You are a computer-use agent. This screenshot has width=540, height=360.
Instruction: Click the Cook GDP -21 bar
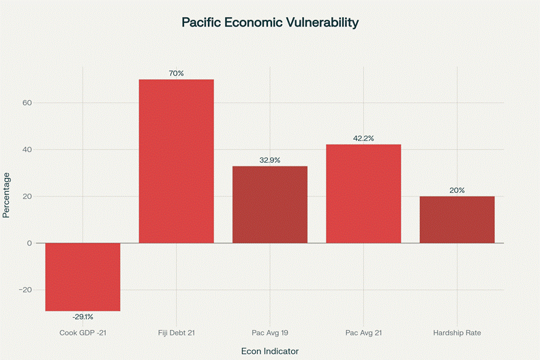click(x=82, y=277)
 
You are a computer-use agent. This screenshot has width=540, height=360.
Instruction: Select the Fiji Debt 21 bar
click(x=176, y=161)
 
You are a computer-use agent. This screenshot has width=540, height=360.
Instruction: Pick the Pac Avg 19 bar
click(x=270, y=205)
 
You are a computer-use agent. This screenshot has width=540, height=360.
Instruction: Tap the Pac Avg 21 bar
click(x=363, y=194)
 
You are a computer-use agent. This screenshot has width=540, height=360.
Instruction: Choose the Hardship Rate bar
click(x=457, y=220)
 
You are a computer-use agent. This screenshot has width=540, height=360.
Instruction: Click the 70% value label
click(x=176, y=73)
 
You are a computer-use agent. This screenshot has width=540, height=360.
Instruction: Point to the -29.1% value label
click(x=82, y=317)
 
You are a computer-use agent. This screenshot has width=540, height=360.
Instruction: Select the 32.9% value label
click(x=270, y=160)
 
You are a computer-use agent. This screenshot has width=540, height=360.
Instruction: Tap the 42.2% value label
click(x=363, y=138)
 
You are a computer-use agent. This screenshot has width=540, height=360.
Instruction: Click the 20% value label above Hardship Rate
click(x=457, y=190)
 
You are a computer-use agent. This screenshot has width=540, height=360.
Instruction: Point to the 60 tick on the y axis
click(x=27, y=103)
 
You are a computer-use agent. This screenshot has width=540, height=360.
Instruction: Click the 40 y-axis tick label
click(x=27, y=149)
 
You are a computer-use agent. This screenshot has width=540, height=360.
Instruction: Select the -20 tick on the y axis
click(x=25, y=290)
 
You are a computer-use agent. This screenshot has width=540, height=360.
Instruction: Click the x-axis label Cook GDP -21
click(x=82, y=332)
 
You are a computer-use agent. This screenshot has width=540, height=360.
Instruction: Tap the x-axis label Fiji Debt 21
click(x=176, y=332)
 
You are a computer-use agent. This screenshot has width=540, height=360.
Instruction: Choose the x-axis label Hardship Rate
click(x=457, y=332)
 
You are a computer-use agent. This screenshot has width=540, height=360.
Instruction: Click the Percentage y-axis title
click(x=7, y=195)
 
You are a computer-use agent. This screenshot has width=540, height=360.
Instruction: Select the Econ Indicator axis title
click(x=270, y=350)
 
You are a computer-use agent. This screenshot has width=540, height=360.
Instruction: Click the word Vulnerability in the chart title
click(x=320, y=22)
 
